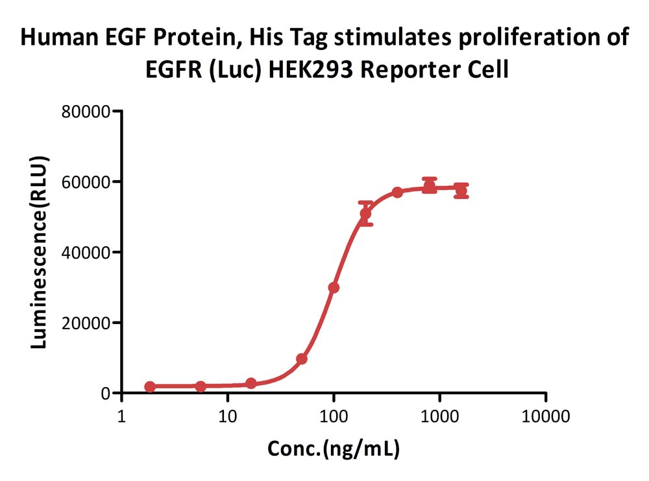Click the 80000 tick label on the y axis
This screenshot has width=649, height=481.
pyautogui.click(x=86, y=111)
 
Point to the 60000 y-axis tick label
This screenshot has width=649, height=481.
pyautogui.click(x=86, y=182)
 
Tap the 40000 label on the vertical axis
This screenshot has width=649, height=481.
pyautogui.click(x=86, y=252)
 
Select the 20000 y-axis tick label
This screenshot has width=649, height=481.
pyautogui.click(x=86, y=323)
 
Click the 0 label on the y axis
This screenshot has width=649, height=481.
pyautogui.click(x=106, y=393)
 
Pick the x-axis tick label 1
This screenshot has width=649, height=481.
pyautogui.click(x=121, y=416)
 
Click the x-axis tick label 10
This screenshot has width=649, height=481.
pyautogui.click(x=227, y=416)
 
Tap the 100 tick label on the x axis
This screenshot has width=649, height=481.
pyautogui.click(x=334, y=416)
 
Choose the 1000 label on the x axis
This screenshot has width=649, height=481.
pyautogui.click(x=439, y=416)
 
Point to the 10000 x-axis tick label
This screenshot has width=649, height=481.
pyautogui.click(x=546, y=416)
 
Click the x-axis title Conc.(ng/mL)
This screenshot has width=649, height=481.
pyautogui.click(x=334, y=449)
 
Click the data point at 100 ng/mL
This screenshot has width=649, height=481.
pyautogui.click(x=334, y=287)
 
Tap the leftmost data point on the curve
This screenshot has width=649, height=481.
pyautogui.click(x=150, y=386)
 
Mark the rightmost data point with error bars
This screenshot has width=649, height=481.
pyautogui.click(x=461, y=191)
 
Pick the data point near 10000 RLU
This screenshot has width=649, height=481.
pyautogui.click(x=302, y=358)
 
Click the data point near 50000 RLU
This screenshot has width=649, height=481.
pyautogui.click(x=365, y=213)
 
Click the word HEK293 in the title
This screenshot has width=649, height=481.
pyautogui.click(x=311, y=69)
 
